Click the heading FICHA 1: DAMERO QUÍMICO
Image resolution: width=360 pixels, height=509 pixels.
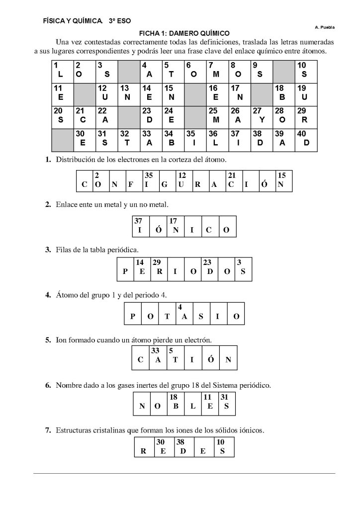coord(180,32)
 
